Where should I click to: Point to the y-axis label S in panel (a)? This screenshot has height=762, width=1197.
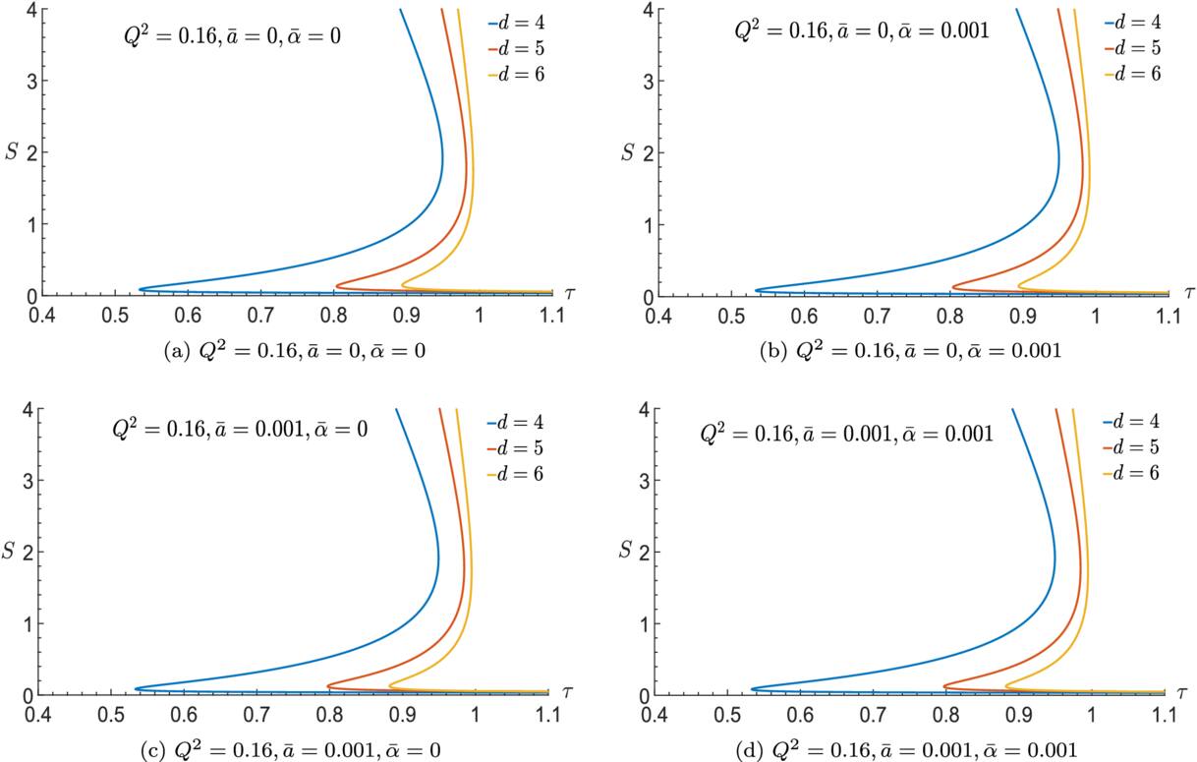pos(13,152)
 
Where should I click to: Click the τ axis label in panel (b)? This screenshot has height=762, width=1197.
pos(1189,292)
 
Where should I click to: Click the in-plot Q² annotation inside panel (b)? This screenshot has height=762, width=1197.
pos(862,30)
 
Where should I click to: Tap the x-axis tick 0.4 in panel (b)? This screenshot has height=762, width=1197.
pos(655,317)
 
